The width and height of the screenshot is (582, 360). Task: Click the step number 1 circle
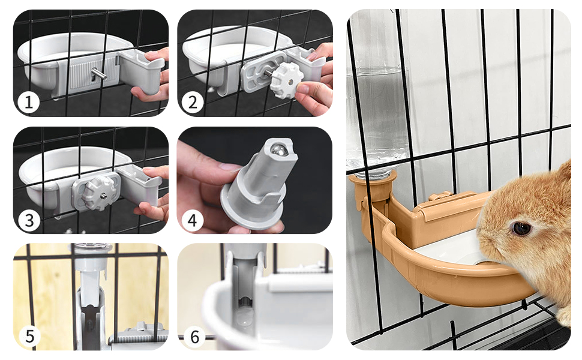(29, 102)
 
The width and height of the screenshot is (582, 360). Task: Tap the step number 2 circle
(193, 102)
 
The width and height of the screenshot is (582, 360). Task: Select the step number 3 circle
(29, 220)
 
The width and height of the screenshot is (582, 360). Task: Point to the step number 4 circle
(192, 220)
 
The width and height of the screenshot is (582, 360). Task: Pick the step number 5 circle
(29, 336)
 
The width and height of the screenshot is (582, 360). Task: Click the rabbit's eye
(521, 228)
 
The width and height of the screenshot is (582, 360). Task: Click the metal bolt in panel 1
(99, 74)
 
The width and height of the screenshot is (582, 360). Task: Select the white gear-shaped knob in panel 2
(287, 80)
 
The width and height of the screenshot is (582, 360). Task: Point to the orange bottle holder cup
(373, 187)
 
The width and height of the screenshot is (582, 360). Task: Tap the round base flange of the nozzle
(253, 208)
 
